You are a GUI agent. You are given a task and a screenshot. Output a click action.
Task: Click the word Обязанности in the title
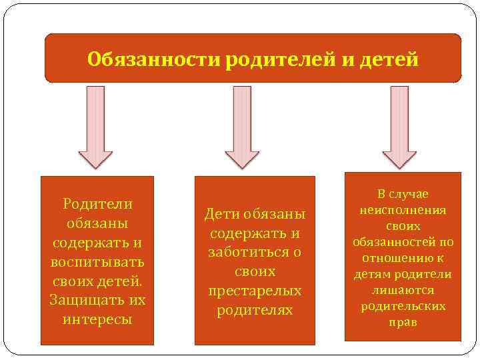point(154,60)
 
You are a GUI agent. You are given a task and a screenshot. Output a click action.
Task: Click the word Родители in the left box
point(97,203)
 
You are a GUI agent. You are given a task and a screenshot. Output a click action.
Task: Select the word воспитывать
point(97,261)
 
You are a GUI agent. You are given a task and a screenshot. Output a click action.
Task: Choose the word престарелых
point(255,291)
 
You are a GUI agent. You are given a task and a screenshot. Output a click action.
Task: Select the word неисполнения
point(403,209)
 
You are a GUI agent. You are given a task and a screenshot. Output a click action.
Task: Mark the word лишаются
point(403,290)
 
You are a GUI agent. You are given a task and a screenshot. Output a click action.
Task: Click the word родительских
point(403,306)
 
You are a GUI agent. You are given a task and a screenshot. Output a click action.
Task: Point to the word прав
point(403,322)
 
